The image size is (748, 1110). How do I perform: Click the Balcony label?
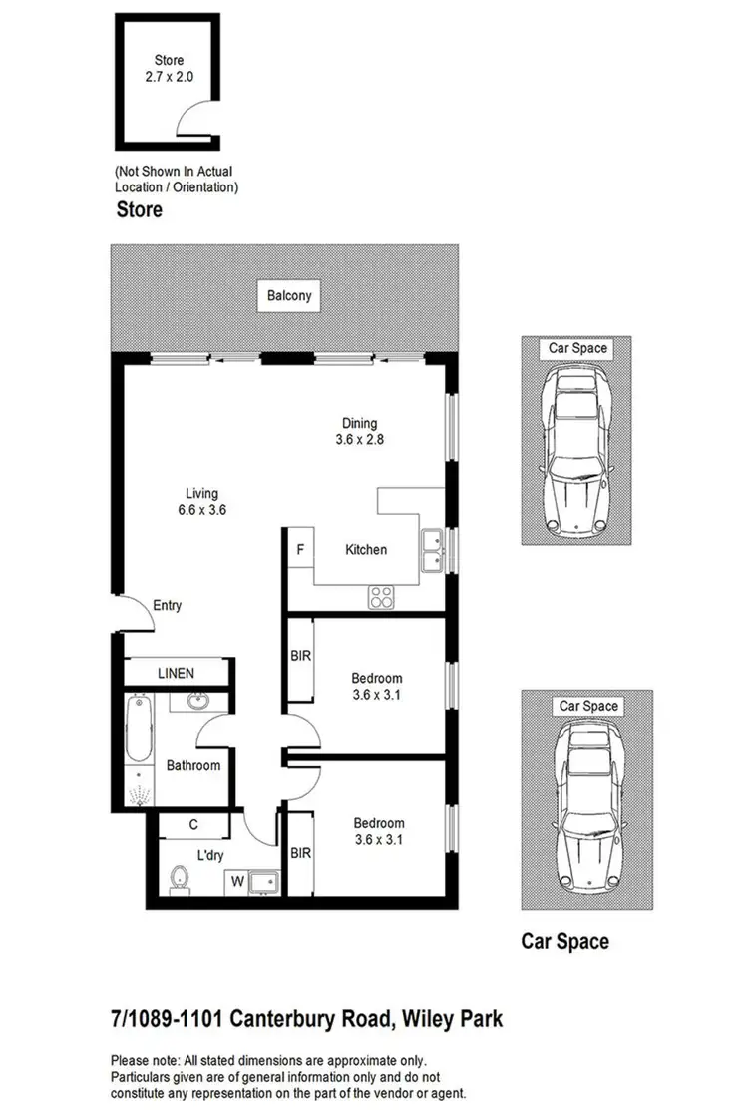(x=289, y=295)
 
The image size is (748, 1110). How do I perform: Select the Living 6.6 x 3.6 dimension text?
(x=201, y=510)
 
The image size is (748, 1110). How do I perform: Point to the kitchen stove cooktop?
(x=381, y=597)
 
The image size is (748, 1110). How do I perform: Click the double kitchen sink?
(x=432, y=551)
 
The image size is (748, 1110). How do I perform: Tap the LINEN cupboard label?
(x=176, y=674)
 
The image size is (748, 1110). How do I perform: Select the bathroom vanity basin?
(x=198, y=701)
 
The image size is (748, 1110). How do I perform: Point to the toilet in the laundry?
(x=180, y=879)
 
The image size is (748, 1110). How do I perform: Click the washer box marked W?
(x=238, y=882)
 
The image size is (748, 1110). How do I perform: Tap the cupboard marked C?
(x=193, y=825)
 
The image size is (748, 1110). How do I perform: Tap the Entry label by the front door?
(x=167, y=605)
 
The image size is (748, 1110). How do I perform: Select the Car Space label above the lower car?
(x=587, y=706)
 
